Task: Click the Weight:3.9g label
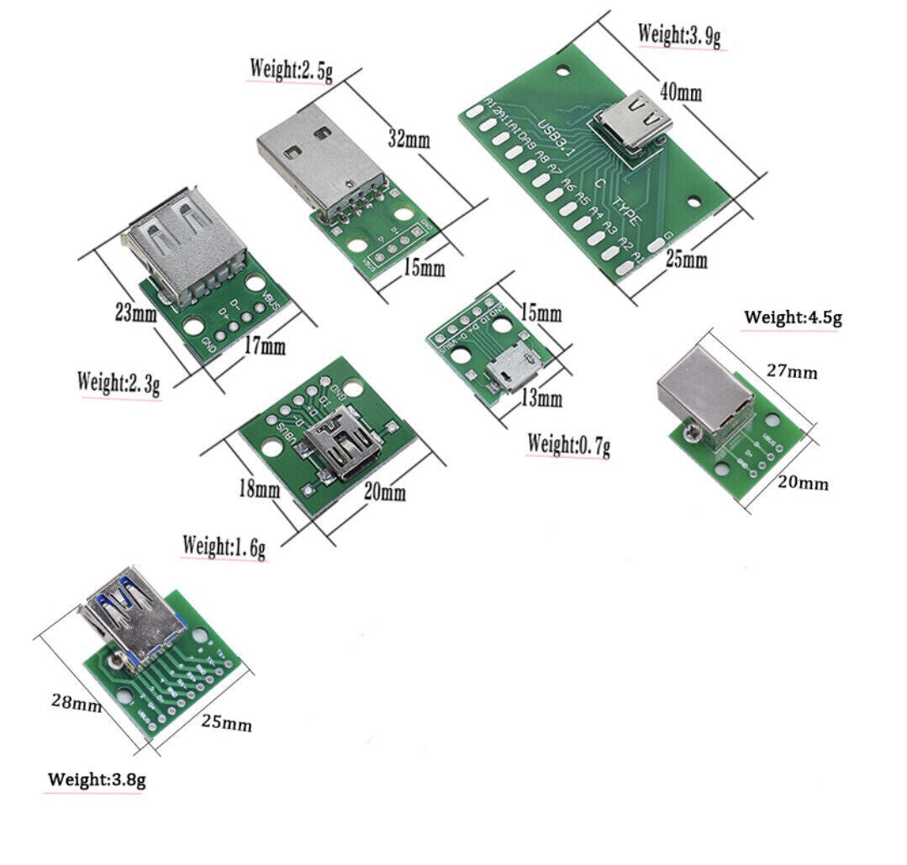click(680, 35)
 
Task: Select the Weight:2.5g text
click(291, 68)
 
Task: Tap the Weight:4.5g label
click(793, 317)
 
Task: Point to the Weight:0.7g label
click(567, 444)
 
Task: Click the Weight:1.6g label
click(224, 546)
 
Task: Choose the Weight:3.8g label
click(97, 779)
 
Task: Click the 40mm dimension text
click(680, 92)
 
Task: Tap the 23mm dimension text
click(135, 314)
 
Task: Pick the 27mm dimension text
click(791, 371)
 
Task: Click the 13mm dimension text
click(541, 398)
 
